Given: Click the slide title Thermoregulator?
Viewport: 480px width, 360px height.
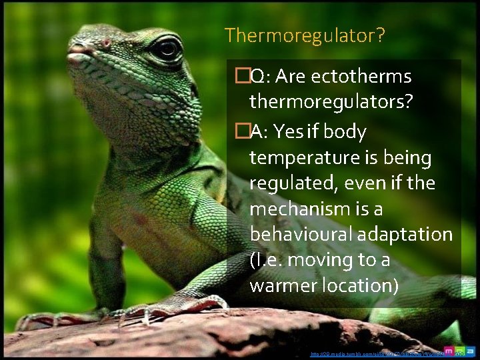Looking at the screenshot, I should click(x=305, y=35).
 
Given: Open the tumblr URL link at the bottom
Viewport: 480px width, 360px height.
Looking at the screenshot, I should click(x=373, y=354).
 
